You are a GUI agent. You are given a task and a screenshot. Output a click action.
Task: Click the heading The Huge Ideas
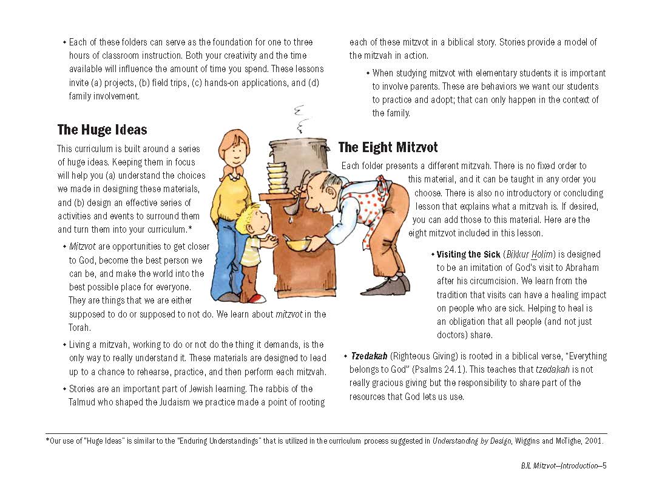click(102, 130)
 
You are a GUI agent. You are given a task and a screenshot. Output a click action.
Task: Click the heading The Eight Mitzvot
click(388, 147)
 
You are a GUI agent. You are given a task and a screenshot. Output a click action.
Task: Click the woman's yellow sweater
click(232, 194)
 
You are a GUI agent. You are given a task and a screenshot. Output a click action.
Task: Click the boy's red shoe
click(256, 299)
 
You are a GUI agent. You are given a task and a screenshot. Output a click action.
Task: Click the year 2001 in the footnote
click(593, 441)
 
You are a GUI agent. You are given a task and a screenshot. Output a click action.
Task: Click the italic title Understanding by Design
click(471, 441)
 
